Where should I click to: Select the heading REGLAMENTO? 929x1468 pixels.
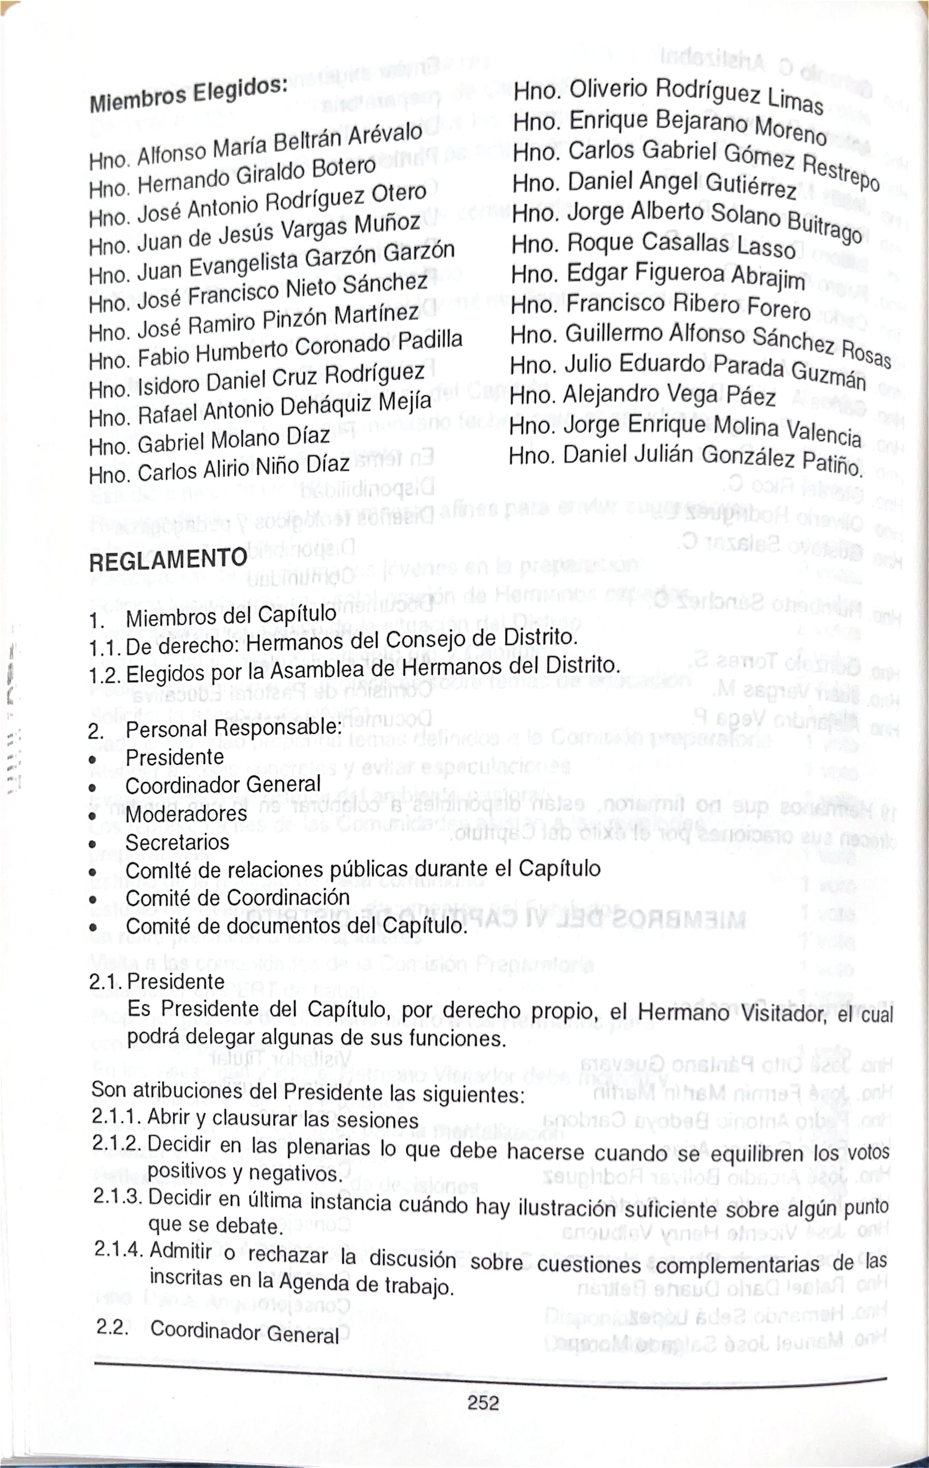coord(168,559)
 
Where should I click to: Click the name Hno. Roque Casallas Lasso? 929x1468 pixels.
coord(653,244)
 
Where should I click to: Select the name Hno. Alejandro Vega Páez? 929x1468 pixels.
coord(642,396)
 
